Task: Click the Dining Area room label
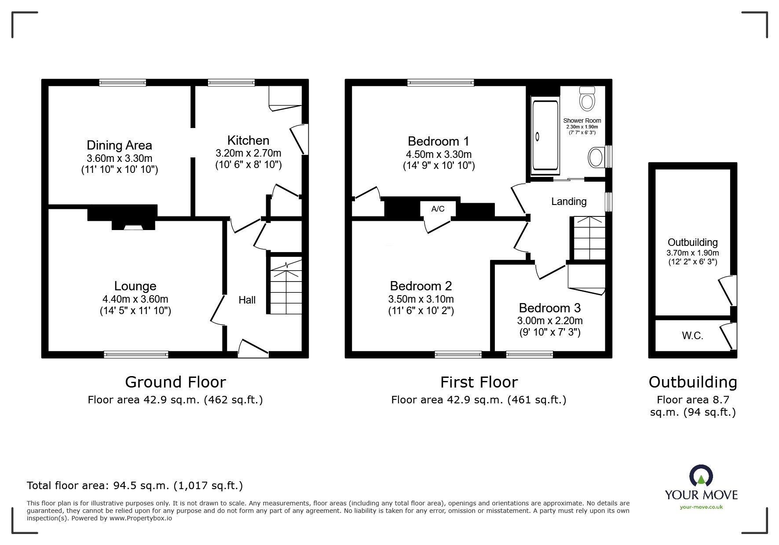pyautogui.click(x=119, y=145)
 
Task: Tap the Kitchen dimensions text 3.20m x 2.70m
pyautogui.click(x=248, y=153)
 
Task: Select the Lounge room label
pyautogui.click(x=135, y=286)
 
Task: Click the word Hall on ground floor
pyautogui.click(x=247, y=300)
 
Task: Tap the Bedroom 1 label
pyautogui.click(x=438, y=141)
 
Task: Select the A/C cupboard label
pyautogui.click(x=438, y=209)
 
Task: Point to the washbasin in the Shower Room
pyautogui.click(x=596, y=157)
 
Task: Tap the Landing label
pyautogui.click(x=569, y=201)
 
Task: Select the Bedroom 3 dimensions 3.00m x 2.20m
pyautogui.click(x=550, y=321)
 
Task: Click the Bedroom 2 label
pyautogui.click(x=421, y=286)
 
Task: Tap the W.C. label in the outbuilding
pyautogui.click(x=692, y=336)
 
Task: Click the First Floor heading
pyautogui.click(x=479, y=382)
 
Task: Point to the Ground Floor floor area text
pyautogui.click(x=175, y=400)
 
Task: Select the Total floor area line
pyautogui.click(x=135, y=486)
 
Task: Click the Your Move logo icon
pyautogui.click(x=701, y=476)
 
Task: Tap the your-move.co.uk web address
pyautogui.click(x=701, y=507)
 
